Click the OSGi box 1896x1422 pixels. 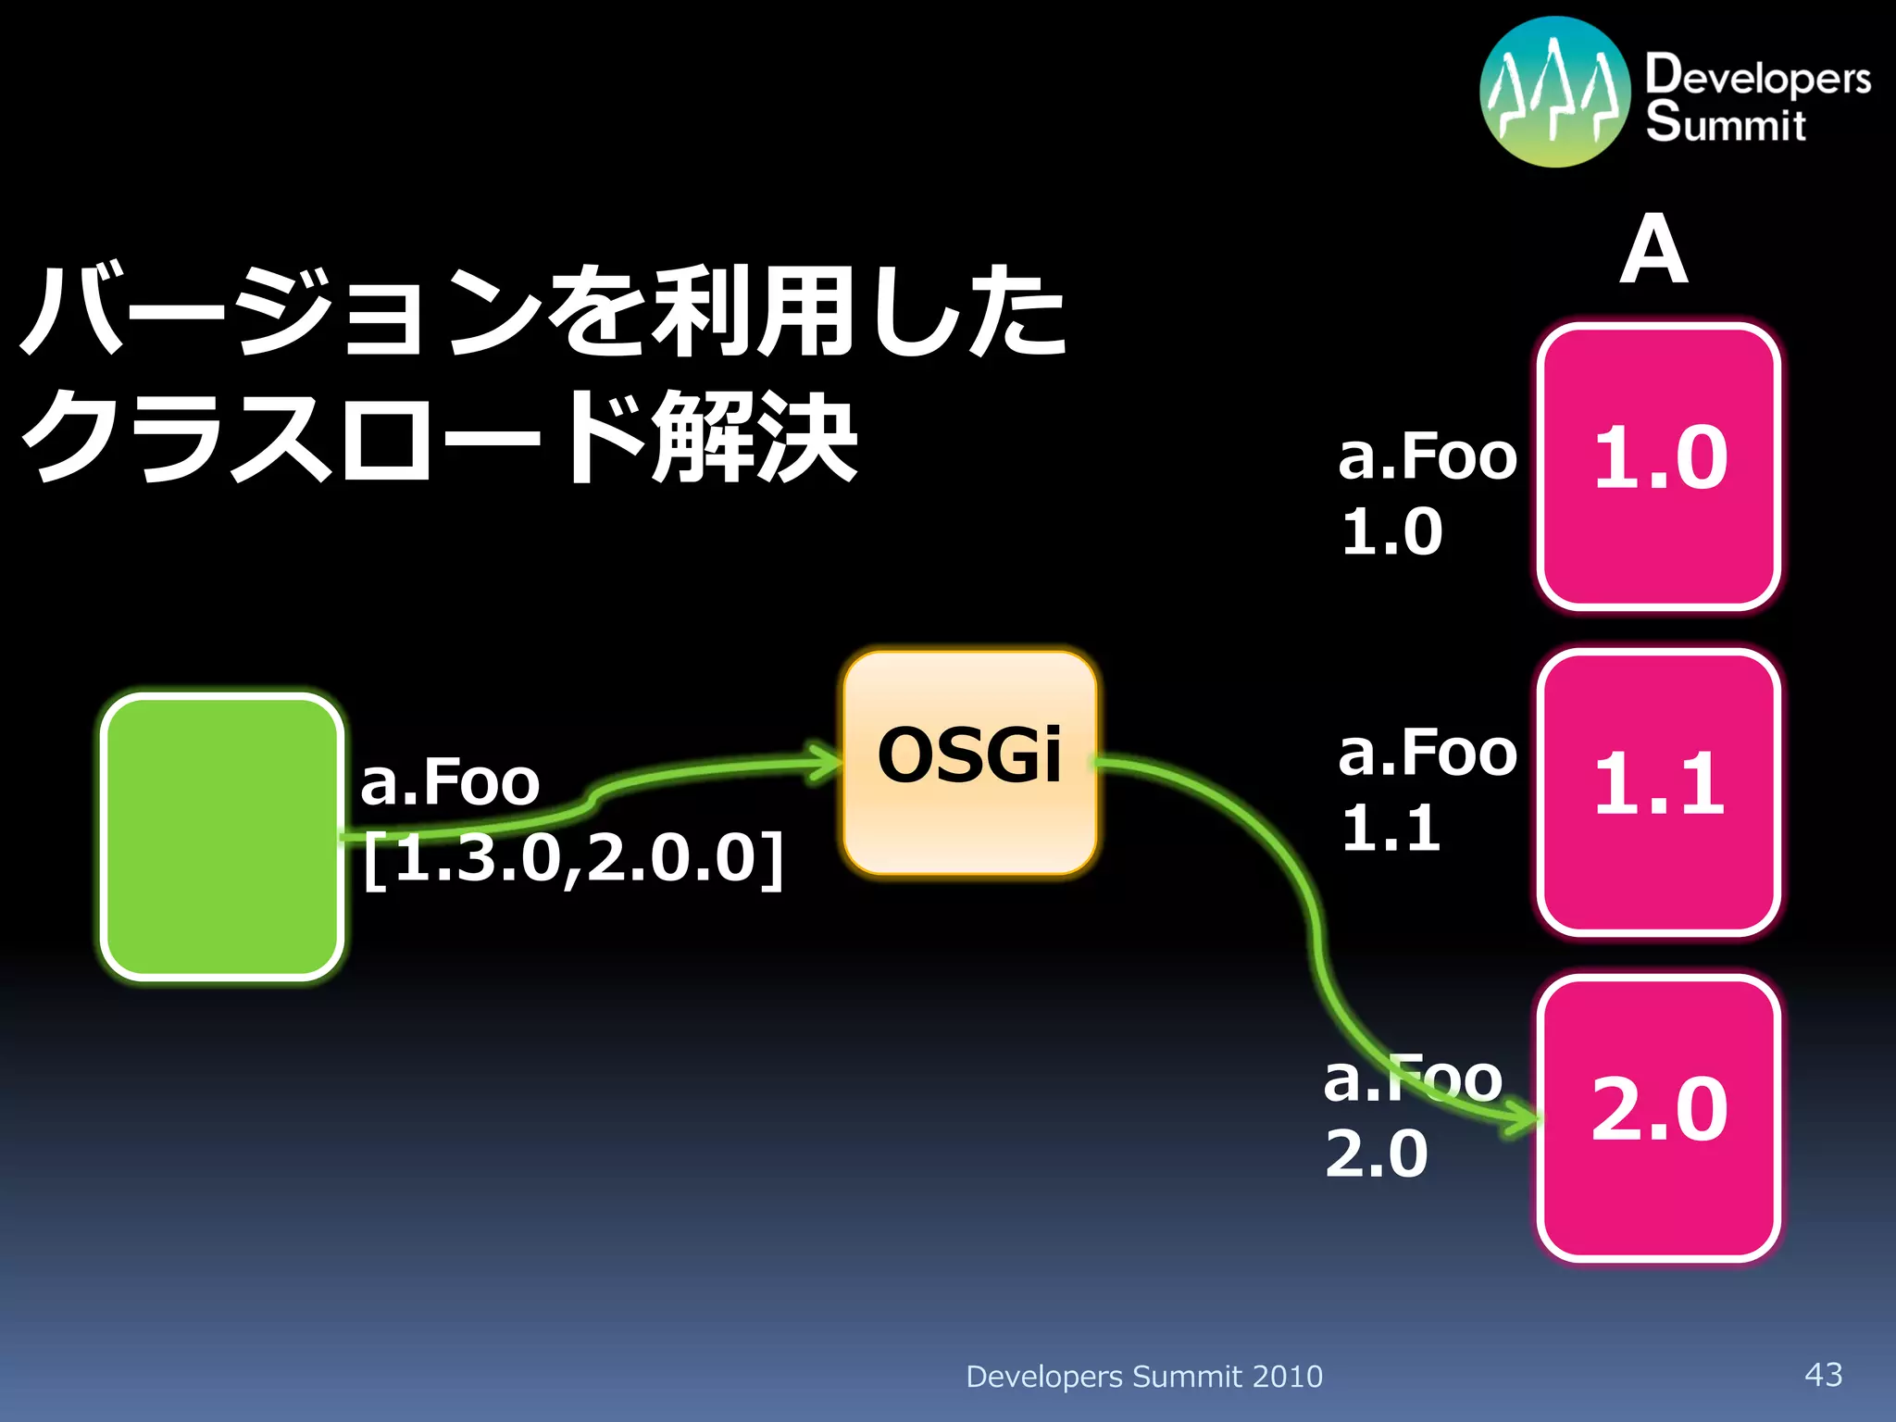[969, 762]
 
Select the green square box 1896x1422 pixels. [222, 836]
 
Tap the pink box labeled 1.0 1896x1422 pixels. [1658, 466]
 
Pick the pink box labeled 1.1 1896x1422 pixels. [1658, 792]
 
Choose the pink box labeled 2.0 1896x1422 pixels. [1658, 1117]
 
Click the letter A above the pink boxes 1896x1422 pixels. [1653, 250]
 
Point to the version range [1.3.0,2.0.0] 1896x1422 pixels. [573, 858]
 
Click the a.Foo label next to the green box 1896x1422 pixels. [450, 782]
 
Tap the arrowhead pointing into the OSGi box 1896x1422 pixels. [825, 763]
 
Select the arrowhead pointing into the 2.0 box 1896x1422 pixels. [1523, 1117]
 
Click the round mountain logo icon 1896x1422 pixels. [1554, 92]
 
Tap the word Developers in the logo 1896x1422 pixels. [1757, 76]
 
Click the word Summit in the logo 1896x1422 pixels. [1725, 123]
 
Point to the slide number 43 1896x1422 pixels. [1823, 1374]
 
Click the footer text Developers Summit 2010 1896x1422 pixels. [1143, 1377]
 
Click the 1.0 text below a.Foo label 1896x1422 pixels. [1391, 531]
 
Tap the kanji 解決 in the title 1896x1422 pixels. [754, 435]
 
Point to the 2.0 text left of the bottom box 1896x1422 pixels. [1377, 1154]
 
